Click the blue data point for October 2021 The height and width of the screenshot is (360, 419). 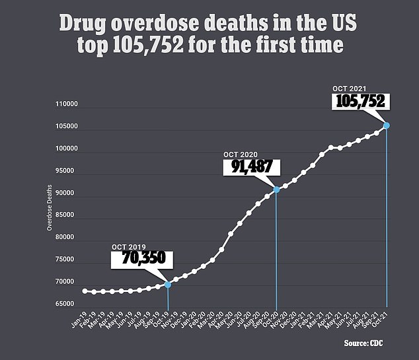387,125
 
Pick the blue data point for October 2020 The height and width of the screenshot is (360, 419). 276,189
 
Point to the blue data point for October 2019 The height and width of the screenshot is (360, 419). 168,285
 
